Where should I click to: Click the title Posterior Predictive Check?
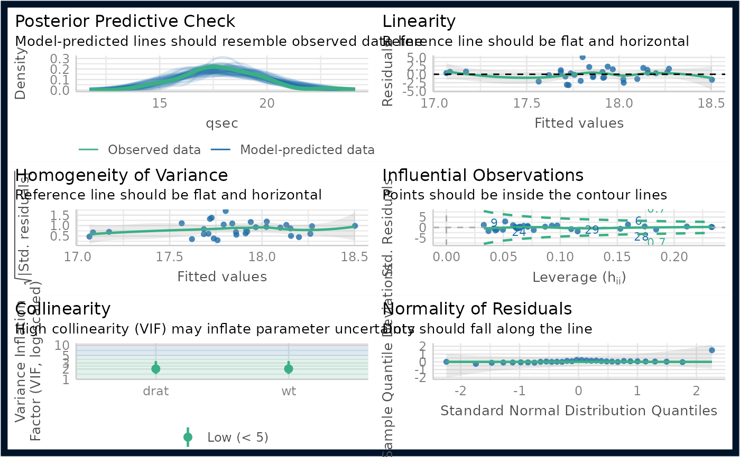pyautogui.click(x=125, y=22)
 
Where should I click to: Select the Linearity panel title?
pyautogui.click(x=419, y=22)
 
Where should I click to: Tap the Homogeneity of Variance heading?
pyautogui.click(x=122, y=175)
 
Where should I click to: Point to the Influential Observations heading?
pyautogui.click(x=483, y=175)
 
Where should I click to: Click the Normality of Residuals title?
pyautogui.click(x=477, y=308)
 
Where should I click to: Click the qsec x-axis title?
pyautogui.click(x=222, y=123)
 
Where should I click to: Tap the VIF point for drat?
pyautogui.click(x=156, y=369)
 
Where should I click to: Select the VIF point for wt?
pyautogui.click(x=289, y=369)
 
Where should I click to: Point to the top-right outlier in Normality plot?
pyautogui.click(x=712, y=350)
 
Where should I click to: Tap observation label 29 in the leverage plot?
pyautogui.click(x=591, y=230)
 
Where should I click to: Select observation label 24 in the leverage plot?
pyautogui.click(x=519, y=232)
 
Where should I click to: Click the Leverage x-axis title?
pyautogui.click(x=579, y=277)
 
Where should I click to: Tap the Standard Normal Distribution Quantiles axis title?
pyautogui.click(x=579, y=411)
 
